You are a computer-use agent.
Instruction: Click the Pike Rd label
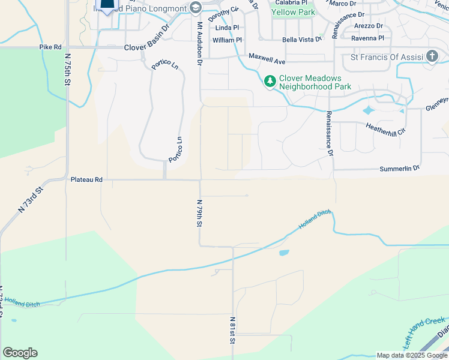tap(50, 47)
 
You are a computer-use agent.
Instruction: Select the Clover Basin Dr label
tap(147, 46)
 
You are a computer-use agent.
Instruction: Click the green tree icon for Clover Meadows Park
tap(270, 80)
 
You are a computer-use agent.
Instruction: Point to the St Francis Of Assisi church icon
tap(432, 57)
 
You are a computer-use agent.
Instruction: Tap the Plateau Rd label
tap(86, 179)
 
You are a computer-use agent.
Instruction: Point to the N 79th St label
tap(199, 213)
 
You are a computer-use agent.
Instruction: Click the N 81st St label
tap(232, 330)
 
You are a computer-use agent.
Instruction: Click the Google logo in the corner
tap(20, 353)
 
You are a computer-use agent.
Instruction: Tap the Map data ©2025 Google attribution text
tap(411, 355)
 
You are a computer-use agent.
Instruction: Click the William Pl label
tap(227, 40)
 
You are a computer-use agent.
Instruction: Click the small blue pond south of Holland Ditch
tap(283, 253)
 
